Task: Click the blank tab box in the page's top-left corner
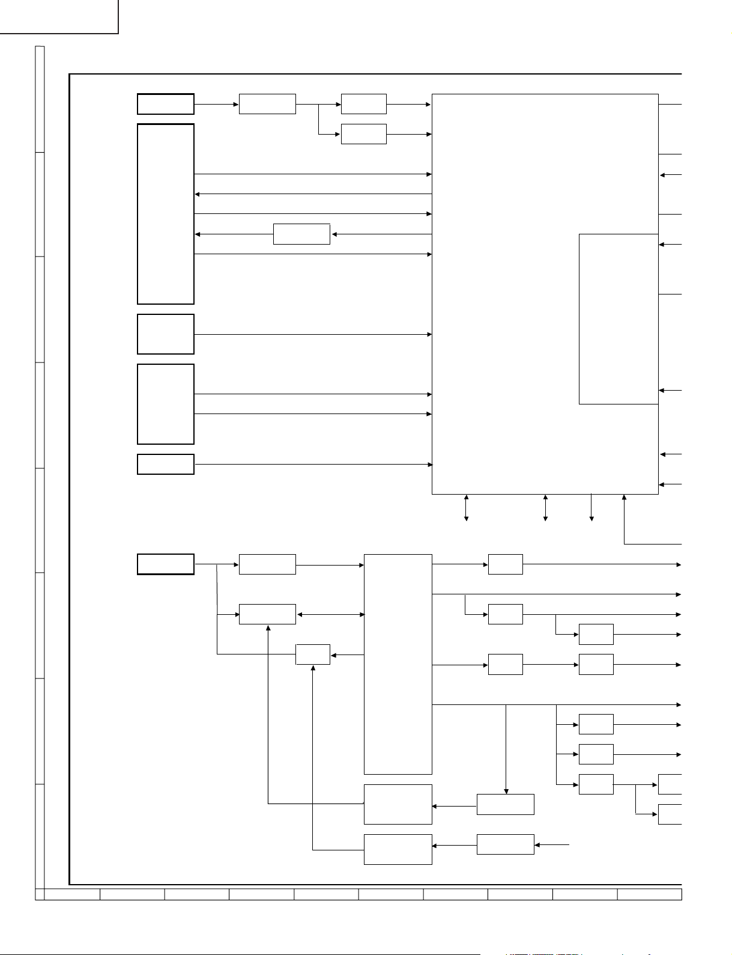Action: click(59, 16)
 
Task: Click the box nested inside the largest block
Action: click(619, 319)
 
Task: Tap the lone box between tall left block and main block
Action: click(301, 234)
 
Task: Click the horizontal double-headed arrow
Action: click(330, 614)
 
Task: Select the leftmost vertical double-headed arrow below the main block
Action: click(466, 507)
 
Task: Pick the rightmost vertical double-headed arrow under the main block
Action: click(545, 507)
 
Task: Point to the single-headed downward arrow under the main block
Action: click(591, 507)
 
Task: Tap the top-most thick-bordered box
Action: click(166, 104)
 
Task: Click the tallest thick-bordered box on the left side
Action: click(166, 214)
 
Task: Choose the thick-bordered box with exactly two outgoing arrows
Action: click(166, 404)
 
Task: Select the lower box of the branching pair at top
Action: click(363, 134)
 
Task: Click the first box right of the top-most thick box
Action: click(267, 104)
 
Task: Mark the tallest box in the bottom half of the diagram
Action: click(398, 664)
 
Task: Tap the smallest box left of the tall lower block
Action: click(313, 654)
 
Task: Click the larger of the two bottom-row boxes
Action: click(398, 804)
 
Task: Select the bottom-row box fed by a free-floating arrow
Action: click(505, 844)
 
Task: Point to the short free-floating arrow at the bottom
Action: click(552, 844)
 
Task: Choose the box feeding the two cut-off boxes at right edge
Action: click(596, 784)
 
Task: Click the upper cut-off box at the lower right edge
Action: click(670, 784)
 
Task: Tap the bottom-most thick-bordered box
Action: click(166, 564)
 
